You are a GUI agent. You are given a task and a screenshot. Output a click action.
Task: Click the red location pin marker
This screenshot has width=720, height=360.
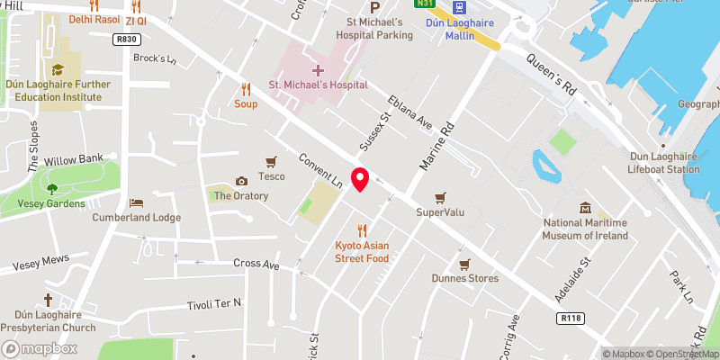(360, 179)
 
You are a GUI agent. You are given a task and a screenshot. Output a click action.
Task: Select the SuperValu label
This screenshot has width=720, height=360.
(439, 212)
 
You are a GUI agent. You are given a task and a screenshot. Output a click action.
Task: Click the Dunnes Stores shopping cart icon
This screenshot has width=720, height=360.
(463, 264)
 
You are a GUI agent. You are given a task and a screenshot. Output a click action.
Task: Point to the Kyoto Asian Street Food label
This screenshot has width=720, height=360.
(362, 252)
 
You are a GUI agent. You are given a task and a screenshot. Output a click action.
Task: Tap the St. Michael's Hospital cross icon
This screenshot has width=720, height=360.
(318, 69)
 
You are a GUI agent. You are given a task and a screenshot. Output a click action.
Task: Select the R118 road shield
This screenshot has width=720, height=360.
(569, 318)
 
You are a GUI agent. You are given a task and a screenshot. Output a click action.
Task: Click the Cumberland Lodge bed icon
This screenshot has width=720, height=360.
(137, 202)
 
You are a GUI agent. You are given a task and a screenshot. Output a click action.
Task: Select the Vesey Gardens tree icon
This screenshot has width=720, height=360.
(50, 189)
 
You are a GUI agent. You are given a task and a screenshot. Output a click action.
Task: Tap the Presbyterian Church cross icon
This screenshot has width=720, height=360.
(48, 300)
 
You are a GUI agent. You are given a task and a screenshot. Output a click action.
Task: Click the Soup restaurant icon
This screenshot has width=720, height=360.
(246, 89)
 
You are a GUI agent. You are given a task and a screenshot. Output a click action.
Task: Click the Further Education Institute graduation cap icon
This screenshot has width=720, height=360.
(58, 68)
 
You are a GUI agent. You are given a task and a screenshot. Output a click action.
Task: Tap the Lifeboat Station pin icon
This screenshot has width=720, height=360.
(664, 144)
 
